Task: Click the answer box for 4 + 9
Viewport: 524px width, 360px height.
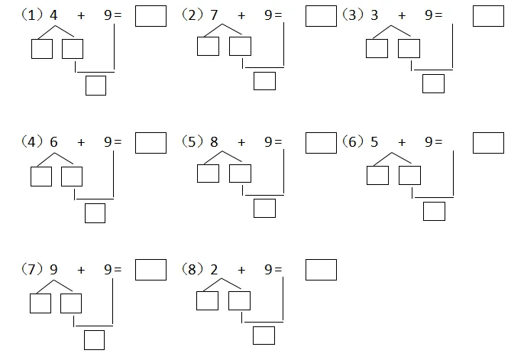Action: point(150,17)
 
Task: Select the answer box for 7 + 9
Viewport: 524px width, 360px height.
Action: point(320,17)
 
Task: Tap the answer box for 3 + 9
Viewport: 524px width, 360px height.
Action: point(488,17)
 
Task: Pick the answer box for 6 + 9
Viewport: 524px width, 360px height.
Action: point(150,143)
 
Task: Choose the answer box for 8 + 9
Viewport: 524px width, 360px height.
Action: point(320,143)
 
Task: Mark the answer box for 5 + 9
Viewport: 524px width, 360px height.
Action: point(488,143)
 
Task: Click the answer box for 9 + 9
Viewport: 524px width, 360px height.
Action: point(150,271)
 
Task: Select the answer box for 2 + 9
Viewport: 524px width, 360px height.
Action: point(320,271)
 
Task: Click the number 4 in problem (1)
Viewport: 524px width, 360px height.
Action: point(53,15)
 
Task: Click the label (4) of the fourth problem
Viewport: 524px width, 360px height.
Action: point(33,141)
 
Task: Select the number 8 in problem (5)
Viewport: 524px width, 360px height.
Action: point(214,141)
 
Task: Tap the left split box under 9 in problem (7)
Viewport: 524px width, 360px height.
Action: point(40,304)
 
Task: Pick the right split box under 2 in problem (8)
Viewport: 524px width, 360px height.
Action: point(239,301)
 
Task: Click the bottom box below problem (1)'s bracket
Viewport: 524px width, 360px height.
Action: point(95,86)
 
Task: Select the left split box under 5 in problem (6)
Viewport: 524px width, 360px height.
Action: point(377,176)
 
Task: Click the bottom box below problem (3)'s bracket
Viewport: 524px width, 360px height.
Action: point(433,83)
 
